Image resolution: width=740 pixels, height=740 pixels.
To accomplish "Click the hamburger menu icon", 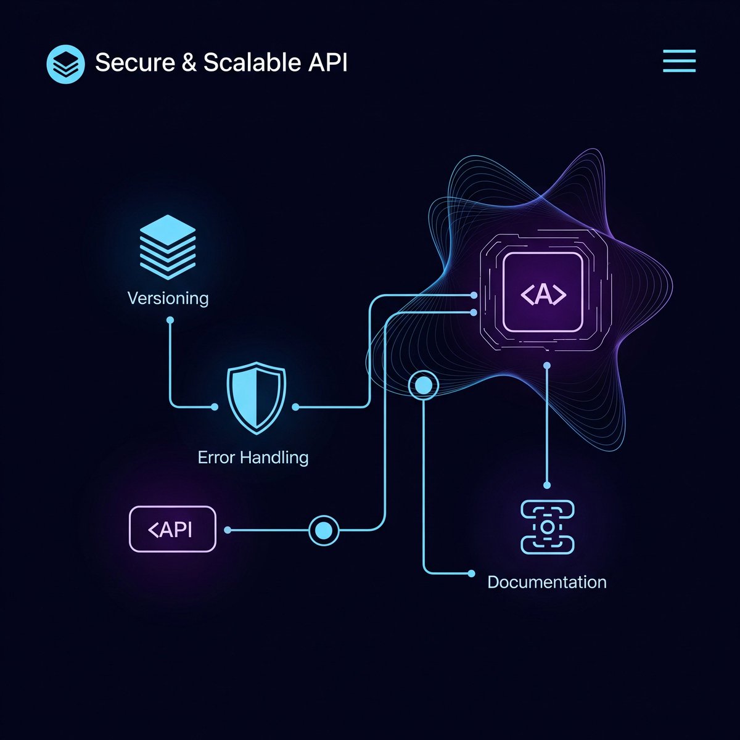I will (679, 62).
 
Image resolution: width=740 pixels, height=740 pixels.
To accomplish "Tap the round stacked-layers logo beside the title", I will (65, 64).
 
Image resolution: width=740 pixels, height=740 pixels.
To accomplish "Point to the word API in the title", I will (329, 63).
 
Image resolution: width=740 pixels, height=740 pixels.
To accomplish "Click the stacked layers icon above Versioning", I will (168, 247).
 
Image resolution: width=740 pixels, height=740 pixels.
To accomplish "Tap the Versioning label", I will (168, 298).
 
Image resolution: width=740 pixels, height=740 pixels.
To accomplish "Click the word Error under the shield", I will (216, 458).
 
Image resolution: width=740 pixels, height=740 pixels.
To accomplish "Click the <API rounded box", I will (173, 529).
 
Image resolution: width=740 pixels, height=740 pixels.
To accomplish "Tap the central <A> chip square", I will (543, 292).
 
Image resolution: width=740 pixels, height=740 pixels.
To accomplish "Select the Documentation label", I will (547, 582).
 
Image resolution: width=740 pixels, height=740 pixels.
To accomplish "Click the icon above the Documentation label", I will (548, 527).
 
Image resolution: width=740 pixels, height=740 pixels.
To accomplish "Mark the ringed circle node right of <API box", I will (324, 530).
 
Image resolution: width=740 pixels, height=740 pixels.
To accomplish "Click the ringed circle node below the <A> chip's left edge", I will (424, 386).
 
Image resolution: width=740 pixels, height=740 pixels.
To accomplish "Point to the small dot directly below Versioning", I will (170, 320).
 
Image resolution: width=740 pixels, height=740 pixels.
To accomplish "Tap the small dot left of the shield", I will (215, 407).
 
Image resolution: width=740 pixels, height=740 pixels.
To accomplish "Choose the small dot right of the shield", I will (295, 407).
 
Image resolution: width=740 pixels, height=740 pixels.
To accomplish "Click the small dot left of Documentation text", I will (472, 573).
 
